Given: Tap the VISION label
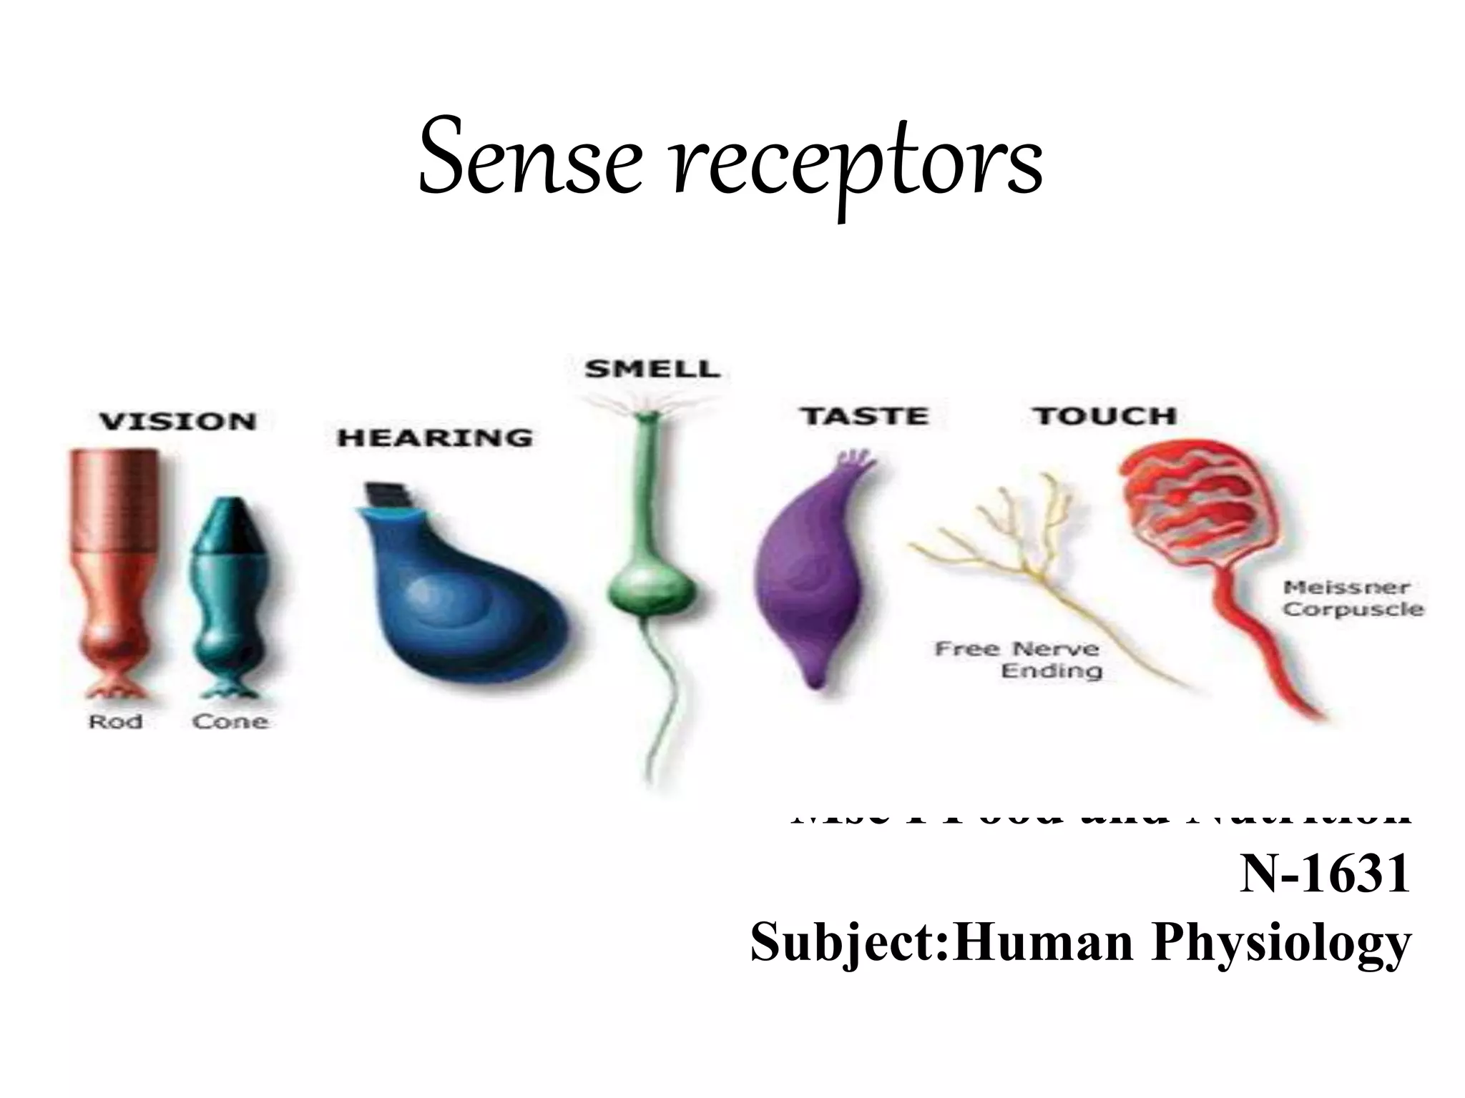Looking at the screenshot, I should click(x=177, y=421).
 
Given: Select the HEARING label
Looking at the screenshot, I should click(x=435, y=437).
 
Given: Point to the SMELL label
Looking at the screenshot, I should click(x=652, y=369).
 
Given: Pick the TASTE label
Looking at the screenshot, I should click(x=864, y=415).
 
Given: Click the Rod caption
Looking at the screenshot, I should click(x=114, y=722).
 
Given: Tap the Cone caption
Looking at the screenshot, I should click(x=230, y=722).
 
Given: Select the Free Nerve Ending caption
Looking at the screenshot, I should click(x=1017, y=660).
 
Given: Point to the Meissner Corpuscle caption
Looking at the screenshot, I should click(x=1353, y=598).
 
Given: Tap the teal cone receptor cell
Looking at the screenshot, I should click(x=223, y=593).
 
